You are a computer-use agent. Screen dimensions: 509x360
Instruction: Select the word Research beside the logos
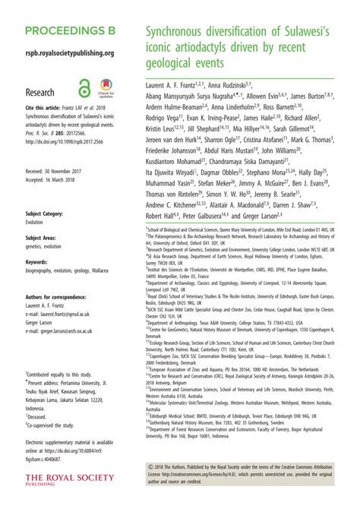point(40,93)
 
